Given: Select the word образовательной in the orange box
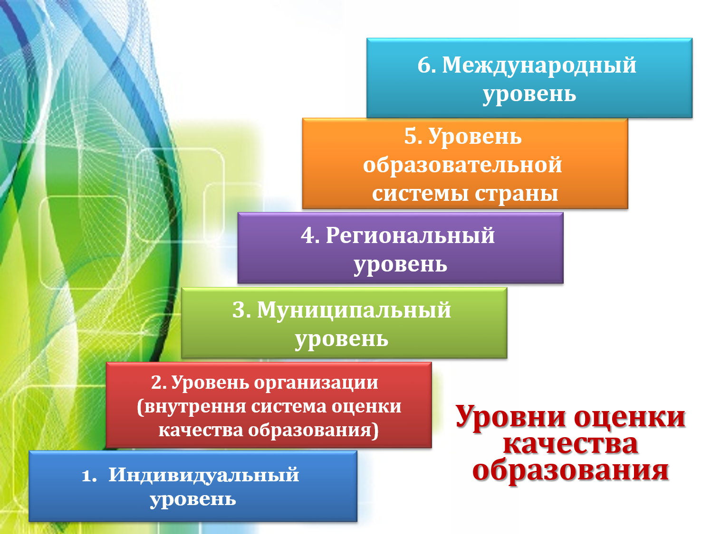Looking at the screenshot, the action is coord(462,165).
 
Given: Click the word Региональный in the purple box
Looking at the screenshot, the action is coord(410,235).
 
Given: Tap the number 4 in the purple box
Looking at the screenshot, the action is coord(307,235).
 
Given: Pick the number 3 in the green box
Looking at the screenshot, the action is coord(239,310).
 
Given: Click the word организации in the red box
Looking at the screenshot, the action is coord(316,384).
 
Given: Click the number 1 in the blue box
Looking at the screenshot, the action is coord(87,476).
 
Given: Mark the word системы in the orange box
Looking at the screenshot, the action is coord(421,194).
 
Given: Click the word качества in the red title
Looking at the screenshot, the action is coord(570,444).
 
